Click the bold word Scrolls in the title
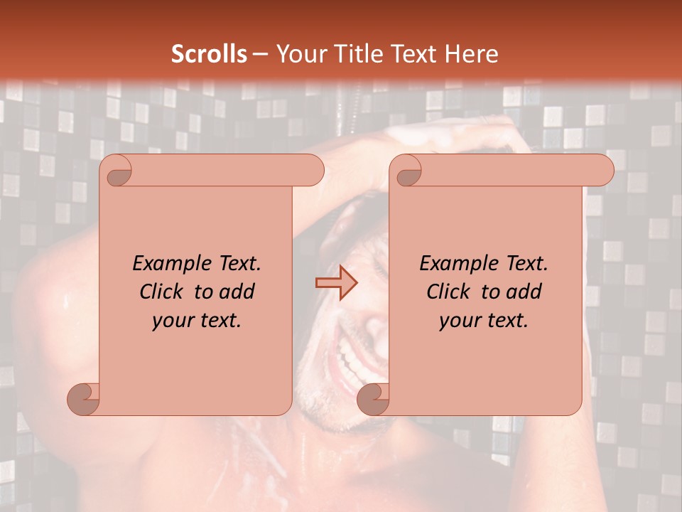[x=209, y=54]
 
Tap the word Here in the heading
[x=471, y=54]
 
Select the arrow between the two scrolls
[x=336, y=283]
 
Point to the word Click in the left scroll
[x=163, y=292]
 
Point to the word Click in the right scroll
[x=448, y=292]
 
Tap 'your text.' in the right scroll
[x=484, y=321]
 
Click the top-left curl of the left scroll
[x=117, y=171]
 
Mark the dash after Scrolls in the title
[x=260, y=54]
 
